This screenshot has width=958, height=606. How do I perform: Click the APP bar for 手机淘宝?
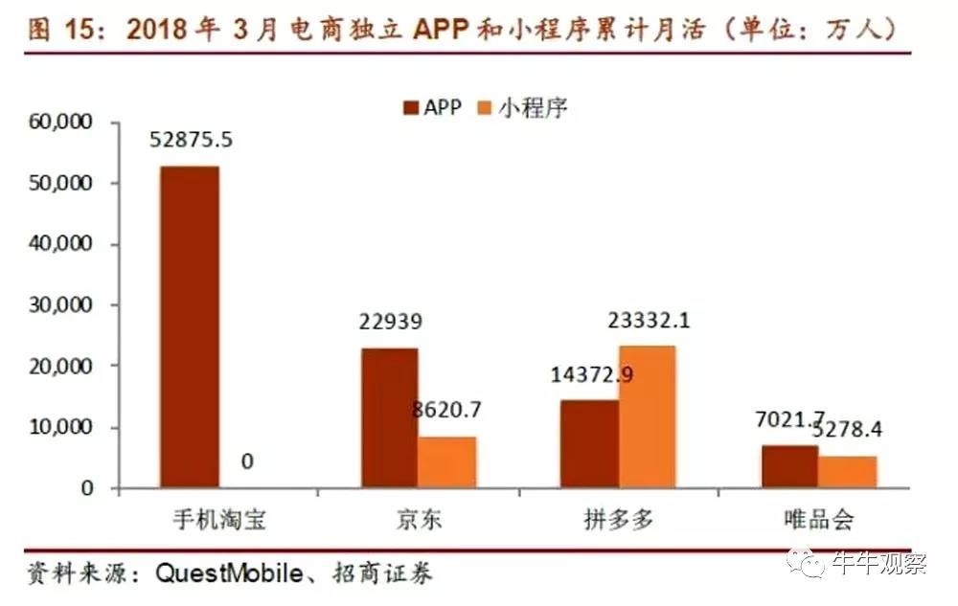pos(190,326)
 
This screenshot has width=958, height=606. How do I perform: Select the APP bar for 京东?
pos(390,417)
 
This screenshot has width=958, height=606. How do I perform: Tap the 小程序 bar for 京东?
pos(447,461)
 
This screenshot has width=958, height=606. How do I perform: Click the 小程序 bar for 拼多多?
pos(647,416)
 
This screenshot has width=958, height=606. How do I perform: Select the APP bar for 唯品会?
pos(789,466)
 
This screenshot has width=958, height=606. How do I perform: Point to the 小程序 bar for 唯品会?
pos(847,471)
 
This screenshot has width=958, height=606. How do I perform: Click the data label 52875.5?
pos(191,140)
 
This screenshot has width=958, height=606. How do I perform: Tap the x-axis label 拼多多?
pos(618,521)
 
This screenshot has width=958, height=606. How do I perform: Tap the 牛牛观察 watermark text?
pos(890,563)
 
